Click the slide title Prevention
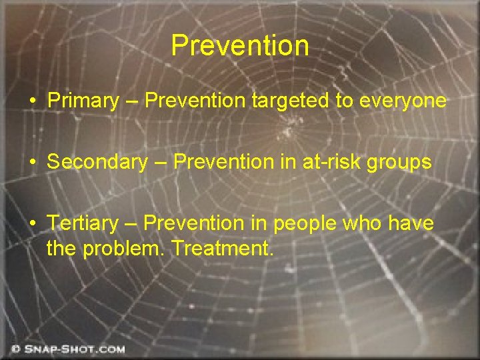240,45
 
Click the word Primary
83,101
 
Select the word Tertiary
81,223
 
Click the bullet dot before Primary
33,102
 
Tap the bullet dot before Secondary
33,163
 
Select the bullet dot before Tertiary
33,224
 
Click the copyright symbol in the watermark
15,349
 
